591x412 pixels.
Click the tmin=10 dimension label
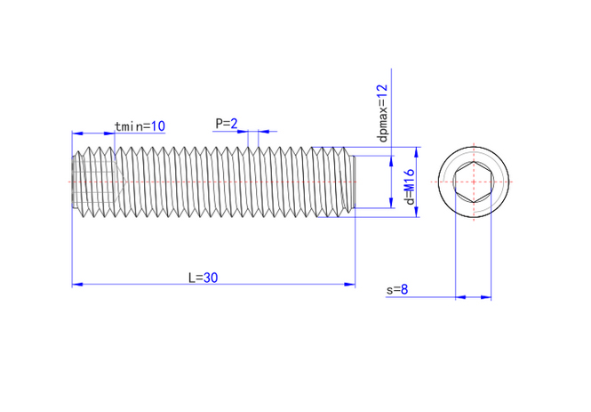coord(140,126)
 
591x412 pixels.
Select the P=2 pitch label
coord(227,124)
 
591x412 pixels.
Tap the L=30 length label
coord(204,278)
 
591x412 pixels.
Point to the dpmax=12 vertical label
coord(382,113)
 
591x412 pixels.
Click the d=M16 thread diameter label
coord(410,186)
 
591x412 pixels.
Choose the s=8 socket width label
coord(397,290)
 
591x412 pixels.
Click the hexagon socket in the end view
coord(474,182)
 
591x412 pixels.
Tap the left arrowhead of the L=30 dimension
coord(77,284)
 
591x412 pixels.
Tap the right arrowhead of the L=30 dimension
coord(350,284)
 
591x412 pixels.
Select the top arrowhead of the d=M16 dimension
coord(417,152)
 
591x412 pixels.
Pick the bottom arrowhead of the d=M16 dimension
coord(417,212)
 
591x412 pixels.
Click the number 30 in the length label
coord(211,278)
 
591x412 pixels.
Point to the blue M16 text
coord(410,182)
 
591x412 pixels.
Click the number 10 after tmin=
coord(158,126)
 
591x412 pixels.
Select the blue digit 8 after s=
coord(404,290)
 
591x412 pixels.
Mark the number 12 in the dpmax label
coord(382,92)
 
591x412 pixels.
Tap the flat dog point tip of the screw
coord(353,182)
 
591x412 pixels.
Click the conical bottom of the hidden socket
coord(118,182)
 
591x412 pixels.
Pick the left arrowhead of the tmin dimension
coord(77,133)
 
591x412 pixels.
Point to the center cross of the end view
coord(474,182)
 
